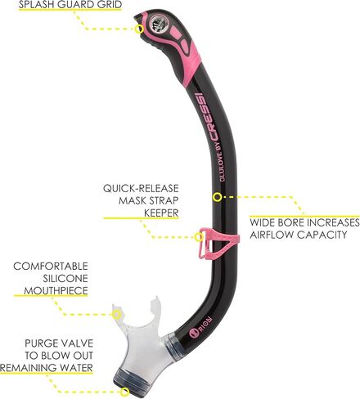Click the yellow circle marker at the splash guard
click(x=139, y=29)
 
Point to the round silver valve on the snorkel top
click(x=159, y=24)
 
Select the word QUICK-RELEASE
click(x=141, y=188)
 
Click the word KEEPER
click(x=161, y=213)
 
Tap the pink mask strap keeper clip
click(x=218, y=243)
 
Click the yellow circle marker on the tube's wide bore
click(x=218, y=197)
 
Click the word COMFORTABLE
click(x=51, y=267)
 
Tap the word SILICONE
click(x=65, y=279)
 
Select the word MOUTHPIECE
click(x=56, y=291)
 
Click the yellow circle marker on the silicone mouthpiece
click(x=116, y=314)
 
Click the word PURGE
click(x=40, y=343)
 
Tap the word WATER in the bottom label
click(x=76, y=368)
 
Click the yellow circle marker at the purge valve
click(x=125, y=392)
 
